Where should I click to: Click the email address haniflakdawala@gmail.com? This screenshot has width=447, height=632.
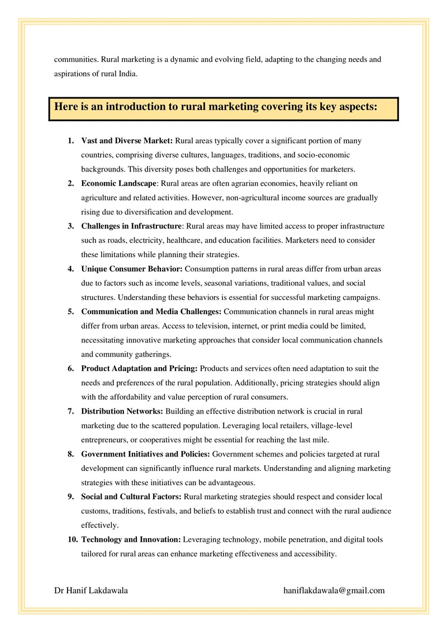[334, 590]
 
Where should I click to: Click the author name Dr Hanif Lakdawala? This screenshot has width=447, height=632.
[91, 590]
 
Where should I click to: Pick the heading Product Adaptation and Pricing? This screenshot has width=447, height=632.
[139, 369]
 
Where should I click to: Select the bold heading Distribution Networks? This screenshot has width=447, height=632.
[122, 411]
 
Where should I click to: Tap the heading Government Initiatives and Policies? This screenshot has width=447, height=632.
[146, 454]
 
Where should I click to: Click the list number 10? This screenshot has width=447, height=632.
[73, 540]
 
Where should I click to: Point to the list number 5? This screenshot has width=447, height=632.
[71, 311]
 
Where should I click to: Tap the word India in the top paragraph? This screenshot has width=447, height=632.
[126, 74]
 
